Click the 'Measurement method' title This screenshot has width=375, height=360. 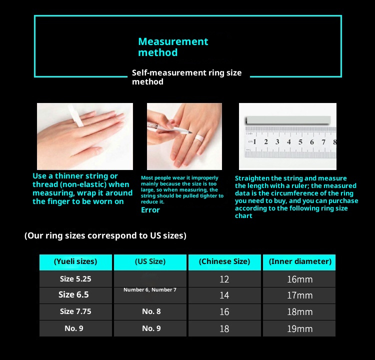pos(173,47)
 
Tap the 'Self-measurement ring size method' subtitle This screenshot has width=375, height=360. pos(187,77)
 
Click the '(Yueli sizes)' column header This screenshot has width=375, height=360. pos(75,261)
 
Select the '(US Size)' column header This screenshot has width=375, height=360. pos(150,261)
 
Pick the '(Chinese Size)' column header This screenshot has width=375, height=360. pos(224,261)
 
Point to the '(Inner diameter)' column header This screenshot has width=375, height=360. pos(300,261)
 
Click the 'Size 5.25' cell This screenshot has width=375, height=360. pos(75,279)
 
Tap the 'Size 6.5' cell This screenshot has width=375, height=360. pos(73,294)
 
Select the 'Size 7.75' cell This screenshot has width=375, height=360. pos(75,311)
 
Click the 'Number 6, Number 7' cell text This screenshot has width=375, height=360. pos(150,289)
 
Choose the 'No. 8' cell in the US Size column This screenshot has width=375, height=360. pos(151,311)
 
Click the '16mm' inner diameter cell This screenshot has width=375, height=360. pos(300,279)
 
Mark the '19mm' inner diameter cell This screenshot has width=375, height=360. pos(300,329)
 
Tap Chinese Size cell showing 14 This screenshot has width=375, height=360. pos(224,295)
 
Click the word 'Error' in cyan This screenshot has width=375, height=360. pos(150,210)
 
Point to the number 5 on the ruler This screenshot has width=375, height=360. pos(300,142)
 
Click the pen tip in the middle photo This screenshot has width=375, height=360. pos(191,132)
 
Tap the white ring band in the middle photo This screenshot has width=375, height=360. pos(198,140)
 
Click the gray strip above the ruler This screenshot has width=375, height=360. pos(288,120)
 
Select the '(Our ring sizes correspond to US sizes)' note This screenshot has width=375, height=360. pos(105,235)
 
